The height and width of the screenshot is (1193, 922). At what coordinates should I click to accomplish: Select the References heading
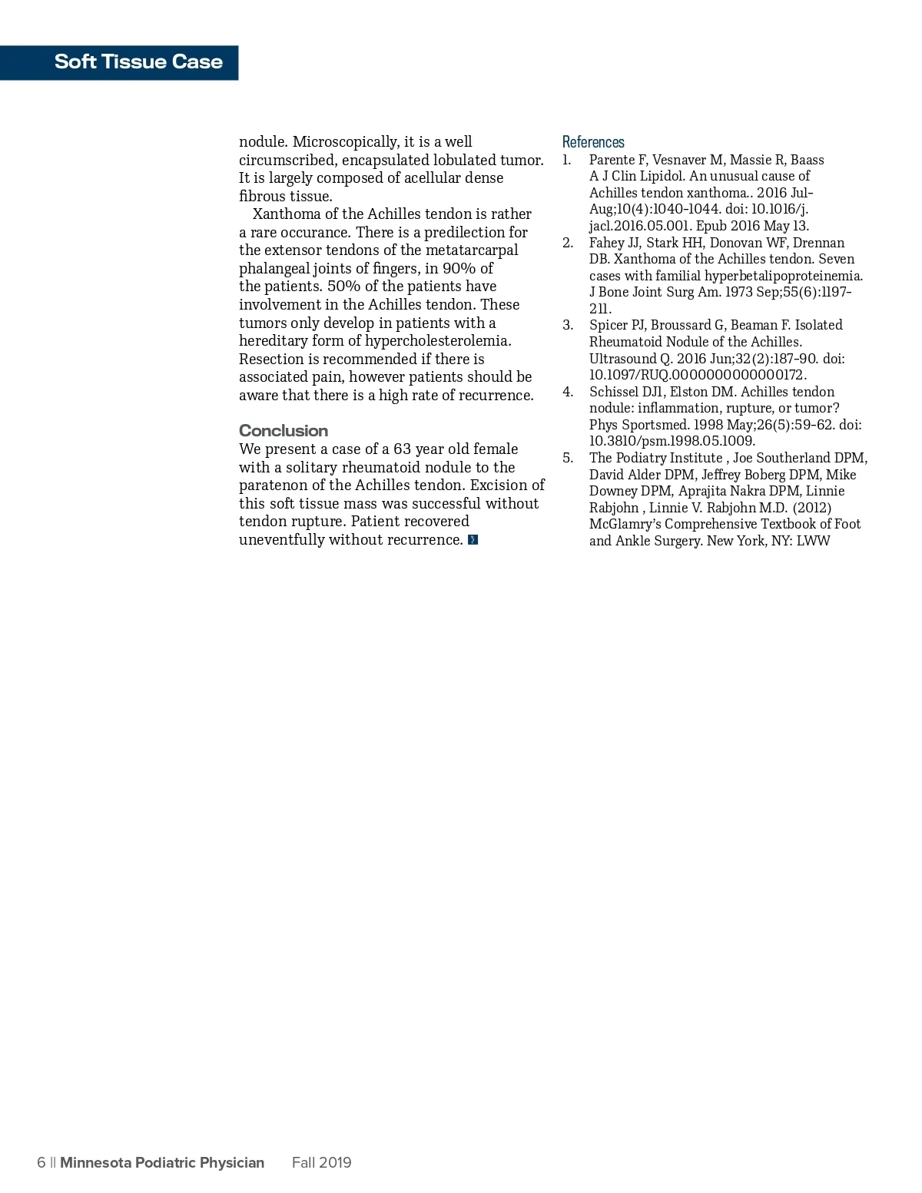[593, 142]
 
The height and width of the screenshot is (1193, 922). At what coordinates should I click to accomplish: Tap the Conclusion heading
[284, 431]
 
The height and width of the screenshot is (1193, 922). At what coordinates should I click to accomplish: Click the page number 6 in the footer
[41, 1162]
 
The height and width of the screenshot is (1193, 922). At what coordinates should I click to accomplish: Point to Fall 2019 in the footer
[321, 1162]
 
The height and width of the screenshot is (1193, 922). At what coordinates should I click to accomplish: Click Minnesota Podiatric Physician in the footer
[162, 1162]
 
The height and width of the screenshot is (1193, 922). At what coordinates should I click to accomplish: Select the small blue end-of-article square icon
[473, 540]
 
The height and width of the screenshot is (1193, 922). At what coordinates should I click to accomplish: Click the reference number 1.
[566, 160]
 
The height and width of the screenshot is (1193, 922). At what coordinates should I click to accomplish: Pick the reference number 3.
[567, 325]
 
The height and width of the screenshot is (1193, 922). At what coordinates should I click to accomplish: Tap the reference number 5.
[567, 458]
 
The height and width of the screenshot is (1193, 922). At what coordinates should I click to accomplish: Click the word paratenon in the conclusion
[273, 485]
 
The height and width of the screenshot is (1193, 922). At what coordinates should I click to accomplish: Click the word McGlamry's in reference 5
[626, 524]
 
